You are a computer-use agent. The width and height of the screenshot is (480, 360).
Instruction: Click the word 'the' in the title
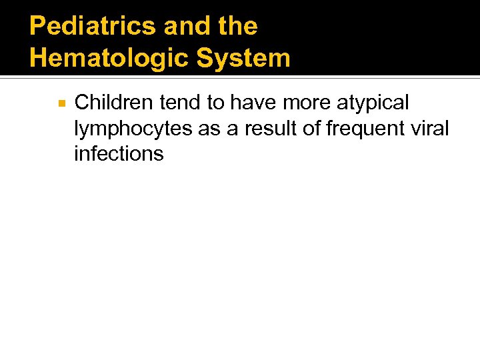[237, 27]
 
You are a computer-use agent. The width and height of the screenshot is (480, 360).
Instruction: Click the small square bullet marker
[61, 104]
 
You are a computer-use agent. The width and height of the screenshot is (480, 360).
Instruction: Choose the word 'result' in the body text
[273, 128]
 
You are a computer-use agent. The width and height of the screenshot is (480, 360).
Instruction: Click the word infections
[119, 154]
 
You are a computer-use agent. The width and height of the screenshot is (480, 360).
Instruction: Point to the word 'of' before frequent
[314, 128]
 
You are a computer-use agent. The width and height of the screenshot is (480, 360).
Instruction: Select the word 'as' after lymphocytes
[210, 129]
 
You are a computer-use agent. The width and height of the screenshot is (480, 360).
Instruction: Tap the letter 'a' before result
[233, 129]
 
